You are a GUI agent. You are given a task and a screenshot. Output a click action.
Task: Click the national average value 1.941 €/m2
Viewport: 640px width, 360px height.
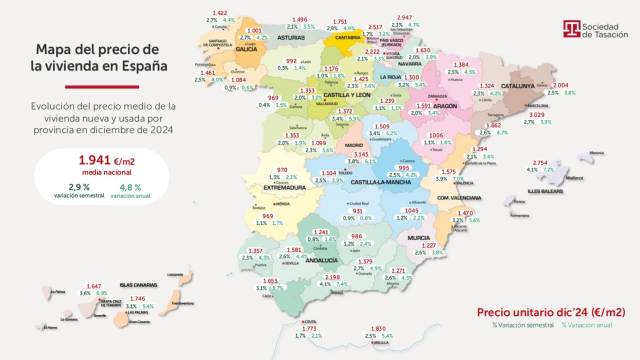[x=93, y=160]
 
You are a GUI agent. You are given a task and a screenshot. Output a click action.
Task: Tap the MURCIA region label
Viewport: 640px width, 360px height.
[x=417, y=239]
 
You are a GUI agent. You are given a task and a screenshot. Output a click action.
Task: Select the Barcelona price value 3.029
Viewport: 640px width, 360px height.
[x=536, y=116]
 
